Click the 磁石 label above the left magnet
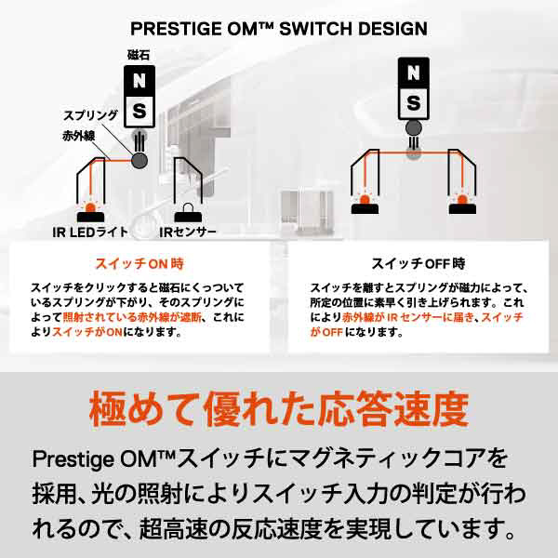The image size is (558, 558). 139,55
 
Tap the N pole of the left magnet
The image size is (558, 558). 139,81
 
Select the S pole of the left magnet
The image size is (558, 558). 139,112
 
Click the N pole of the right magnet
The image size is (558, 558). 413,73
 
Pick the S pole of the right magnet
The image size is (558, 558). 413,103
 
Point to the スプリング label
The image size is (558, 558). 90,115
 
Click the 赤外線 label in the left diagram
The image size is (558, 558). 79,136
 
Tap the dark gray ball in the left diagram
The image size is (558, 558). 139,161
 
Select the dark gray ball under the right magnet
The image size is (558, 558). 413,127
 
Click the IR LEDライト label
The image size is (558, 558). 90,232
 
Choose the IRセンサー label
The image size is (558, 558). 188,232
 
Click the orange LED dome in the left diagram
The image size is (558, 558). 91,207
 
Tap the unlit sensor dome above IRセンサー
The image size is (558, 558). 188,207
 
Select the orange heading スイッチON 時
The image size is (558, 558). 139,264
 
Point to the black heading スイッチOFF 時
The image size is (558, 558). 418,264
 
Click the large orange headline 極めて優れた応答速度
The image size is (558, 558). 279,408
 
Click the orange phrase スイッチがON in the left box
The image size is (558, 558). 87,332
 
